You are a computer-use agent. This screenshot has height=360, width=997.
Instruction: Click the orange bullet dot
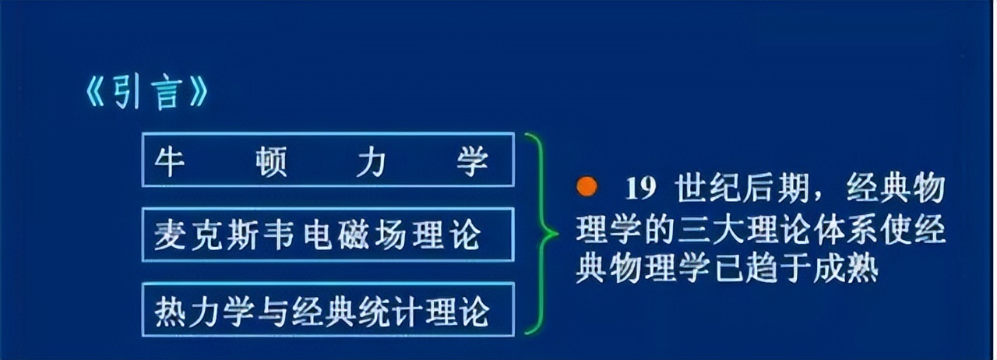[x=587, y=187]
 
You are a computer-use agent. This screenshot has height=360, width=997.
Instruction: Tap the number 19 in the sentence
[x=641, y=189]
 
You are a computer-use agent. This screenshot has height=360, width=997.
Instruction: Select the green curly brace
[x=540, y=234]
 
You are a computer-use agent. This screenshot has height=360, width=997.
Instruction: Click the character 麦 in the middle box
[x=170, y=235]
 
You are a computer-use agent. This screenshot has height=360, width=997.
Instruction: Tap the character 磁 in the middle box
[x=354, y=235]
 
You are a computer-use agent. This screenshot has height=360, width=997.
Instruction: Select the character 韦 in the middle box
[x=279, y=235]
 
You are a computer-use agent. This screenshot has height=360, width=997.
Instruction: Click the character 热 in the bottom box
[x=171, y=311]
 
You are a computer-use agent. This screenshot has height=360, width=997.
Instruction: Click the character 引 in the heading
[x=126, y=94]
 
